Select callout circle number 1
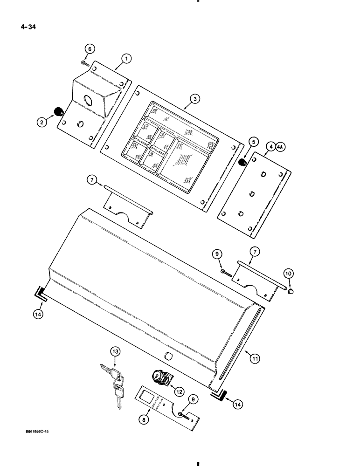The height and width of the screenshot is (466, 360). pos(126,59)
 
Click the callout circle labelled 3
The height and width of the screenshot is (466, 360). pos(195,98)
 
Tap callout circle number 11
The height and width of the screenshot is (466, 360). pos(255,358)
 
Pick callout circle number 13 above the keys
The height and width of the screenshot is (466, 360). pos(115,351)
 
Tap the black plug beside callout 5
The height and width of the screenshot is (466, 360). pos(243,162)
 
